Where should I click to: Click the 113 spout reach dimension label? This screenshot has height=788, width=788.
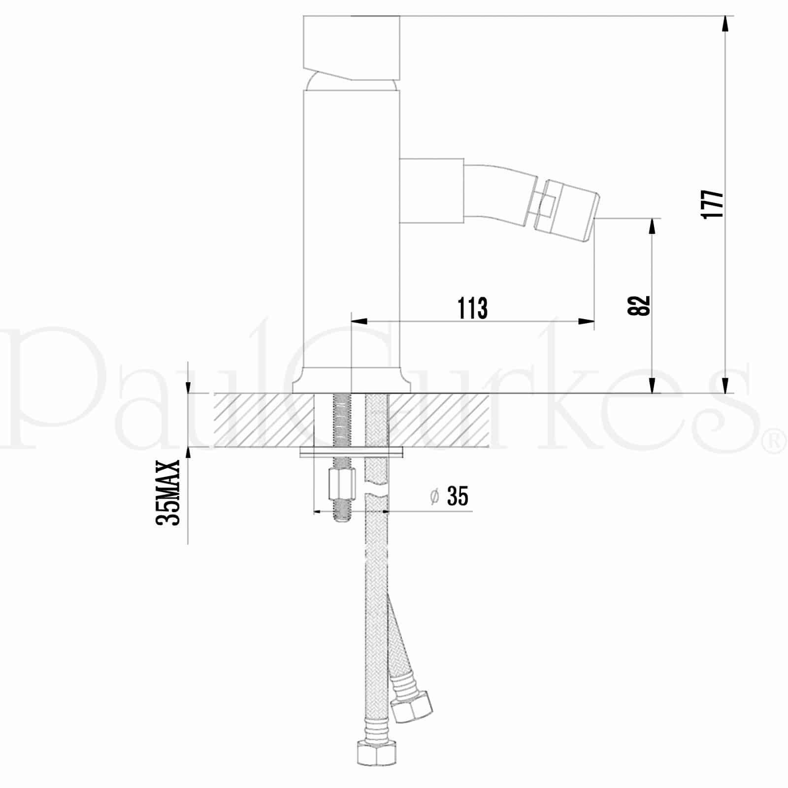(473, 308)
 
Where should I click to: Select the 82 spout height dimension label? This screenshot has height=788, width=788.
(639, 305)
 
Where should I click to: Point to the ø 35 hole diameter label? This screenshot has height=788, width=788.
(449, 496)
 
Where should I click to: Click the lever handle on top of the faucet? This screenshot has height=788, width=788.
(351, 48)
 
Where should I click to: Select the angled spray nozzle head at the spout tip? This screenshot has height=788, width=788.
(566, 210)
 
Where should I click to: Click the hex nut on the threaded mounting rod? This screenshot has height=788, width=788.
(341, 483)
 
